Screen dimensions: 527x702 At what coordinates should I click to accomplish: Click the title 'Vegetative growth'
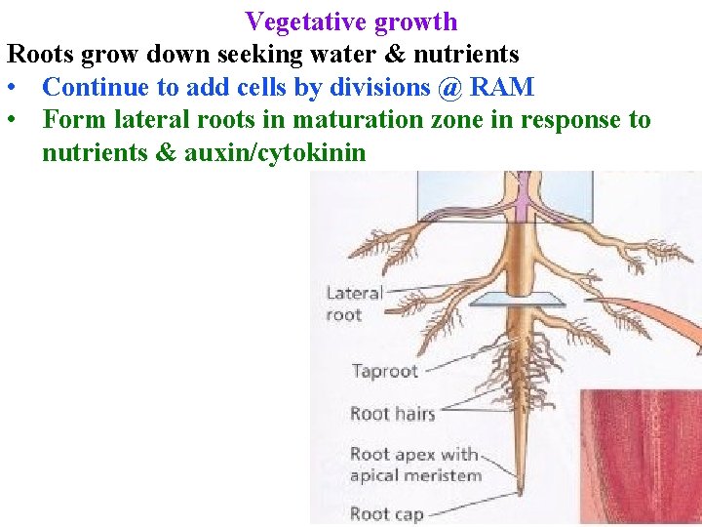click(351, 20)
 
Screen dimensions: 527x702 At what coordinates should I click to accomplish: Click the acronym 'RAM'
click(501, 87)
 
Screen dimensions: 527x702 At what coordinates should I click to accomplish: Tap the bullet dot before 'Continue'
click(12, 88)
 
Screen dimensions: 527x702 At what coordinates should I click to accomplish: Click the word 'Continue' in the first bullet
click(97, 87)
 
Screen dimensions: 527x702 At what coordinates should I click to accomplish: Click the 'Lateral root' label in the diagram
click(353, 304)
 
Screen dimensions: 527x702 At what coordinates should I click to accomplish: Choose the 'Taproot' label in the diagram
click(383, 371)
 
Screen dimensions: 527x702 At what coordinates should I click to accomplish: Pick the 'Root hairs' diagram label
click(392, 414)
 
